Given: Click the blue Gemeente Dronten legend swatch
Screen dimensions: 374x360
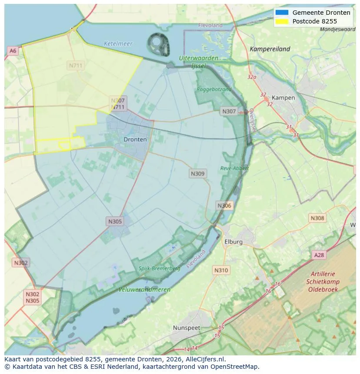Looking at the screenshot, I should (x=282, y=13).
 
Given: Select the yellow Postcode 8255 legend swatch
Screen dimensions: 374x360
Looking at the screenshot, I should (x=282, y=21).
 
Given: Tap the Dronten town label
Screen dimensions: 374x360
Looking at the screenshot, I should (x=135, y=139).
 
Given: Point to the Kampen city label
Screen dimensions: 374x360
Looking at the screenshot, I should (x=283, y=98).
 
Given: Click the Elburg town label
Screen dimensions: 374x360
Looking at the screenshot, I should (x=233, y=242).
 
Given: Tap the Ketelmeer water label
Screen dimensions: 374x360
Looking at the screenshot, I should (x=118, y=44).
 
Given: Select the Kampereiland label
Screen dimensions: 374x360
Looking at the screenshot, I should (x=270, y=49).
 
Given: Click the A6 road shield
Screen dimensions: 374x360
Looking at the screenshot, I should (x=13, y=51).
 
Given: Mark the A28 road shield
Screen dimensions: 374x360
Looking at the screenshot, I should (x=319, y=255).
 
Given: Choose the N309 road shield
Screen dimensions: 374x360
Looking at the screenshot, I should (x=197, y=173).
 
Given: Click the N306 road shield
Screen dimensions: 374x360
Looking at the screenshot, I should (x=224, y=205).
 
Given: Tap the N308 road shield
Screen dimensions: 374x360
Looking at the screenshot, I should (x=317, y=218).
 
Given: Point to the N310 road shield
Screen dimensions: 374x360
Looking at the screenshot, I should (x=221, y=270).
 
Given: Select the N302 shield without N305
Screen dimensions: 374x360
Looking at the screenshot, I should (x=20, y=262).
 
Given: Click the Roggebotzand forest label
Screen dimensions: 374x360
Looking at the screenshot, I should (x=214, y=89).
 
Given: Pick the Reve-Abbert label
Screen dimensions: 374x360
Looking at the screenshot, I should (x=234, y=168).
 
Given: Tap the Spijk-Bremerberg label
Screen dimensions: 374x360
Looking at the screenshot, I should (x=159, y=268).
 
